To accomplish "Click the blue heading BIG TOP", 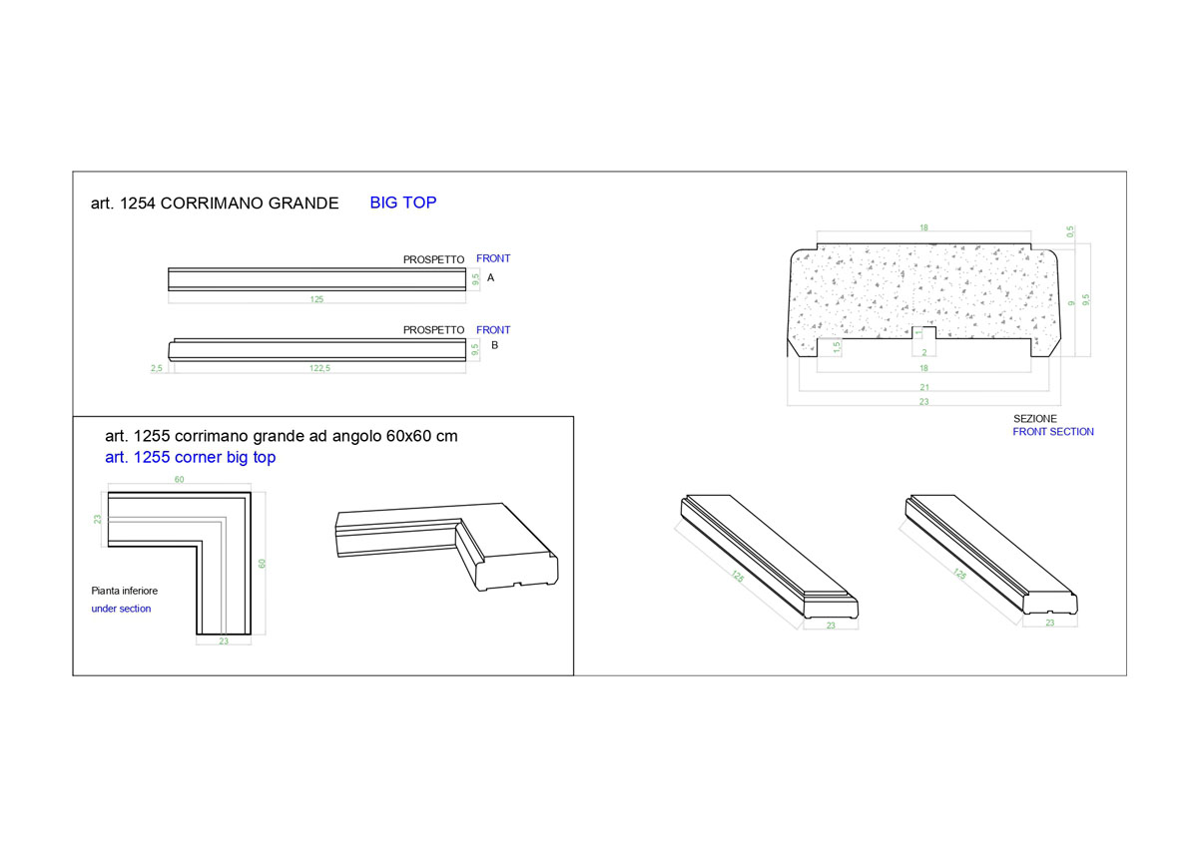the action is click(402, 203).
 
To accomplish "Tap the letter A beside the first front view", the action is click(490, 278).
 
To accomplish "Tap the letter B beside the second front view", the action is click(495, 345).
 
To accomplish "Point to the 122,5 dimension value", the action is click(319, 368).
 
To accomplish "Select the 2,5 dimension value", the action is click(156, 368).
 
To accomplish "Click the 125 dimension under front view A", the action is click(316, 299).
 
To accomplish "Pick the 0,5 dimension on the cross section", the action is click(1069, 231).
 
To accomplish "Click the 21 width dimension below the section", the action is click(924, 387).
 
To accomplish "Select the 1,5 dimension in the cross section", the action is click(837, 347).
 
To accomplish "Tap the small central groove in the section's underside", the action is click(923, 333).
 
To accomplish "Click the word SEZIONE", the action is click(1035, 419).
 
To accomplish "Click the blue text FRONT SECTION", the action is click(1053, 432).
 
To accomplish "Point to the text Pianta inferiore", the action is click(124, 591).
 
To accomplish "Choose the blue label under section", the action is click(121, 609).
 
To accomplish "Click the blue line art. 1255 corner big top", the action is click(191, 458).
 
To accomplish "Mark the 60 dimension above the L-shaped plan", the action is click(179, 480).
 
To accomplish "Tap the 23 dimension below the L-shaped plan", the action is click(224, 640).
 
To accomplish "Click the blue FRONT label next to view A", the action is click(493, 258).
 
